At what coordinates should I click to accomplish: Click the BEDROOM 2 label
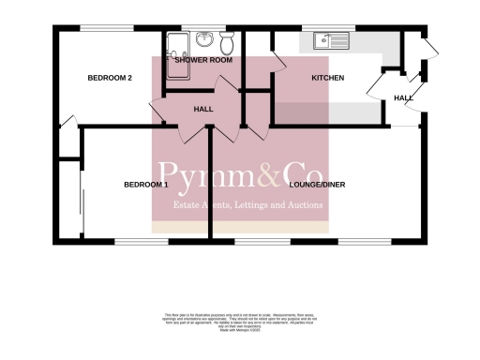109,78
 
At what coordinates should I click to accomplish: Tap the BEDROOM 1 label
145,185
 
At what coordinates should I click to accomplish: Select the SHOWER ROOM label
203,60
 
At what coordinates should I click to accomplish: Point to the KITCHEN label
327,78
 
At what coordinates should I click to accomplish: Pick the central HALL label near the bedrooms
203,110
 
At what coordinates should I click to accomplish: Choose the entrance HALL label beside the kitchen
403,97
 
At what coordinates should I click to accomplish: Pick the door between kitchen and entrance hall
379,90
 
